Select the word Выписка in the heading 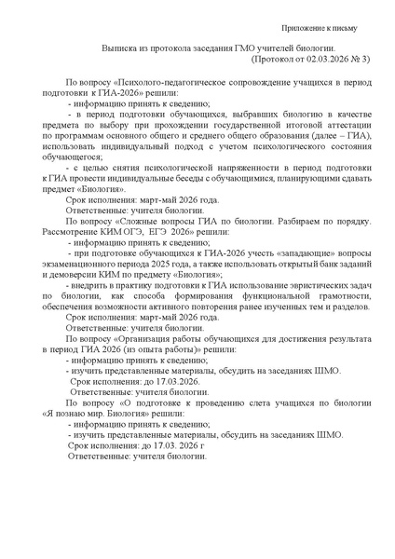122,57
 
